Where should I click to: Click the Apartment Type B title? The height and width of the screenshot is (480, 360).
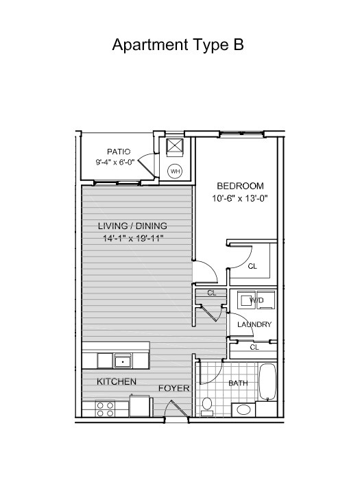[178, 45]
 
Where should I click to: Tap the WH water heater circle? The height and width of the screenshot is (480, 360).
[175, 171]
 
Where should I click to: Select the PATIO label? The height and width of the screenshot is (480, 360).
[119, 152]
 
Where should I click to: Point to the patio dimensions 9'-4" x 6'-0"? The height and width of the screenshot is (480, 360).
[115, 162]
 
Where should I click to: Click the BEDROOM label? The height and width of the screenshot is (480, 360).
[240, 186]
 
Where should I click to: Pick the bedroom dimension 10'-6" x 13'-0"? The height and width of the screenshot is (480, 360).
[240, 199]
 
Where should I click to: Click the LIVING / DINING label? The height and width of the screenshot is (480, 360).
[132, 226]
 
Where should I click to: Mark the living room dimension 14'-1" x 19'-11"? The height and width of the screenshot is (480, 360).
[133, 238]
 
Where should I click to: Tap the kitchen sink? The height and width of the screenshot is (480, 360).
[123, 361]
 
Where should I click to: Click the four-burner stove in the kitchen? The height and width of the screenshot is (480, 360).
[106, 409]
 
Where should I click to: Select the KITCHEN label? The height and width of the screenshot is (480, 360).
[117, 381]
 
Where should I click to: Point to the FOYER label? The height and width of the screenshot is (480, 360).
[174, 388]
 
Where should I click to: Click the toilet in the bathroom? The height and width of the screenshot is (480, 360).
[207, 407]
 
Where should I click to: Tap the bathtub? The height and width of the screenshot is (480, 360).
[268, 382]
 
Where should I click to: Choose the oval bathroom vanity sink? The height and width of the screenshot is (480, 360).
[243, 409]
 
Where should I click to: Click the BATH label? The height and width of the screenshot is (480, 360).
[238, 383]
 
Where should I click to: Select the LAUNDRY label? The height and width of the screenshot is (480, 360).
[254, 324]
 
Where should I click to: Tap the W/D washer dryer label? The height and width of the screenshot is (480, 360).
[256, 300]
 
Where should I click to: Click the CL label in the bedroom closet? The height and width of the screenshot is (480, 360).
[252, 266]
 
